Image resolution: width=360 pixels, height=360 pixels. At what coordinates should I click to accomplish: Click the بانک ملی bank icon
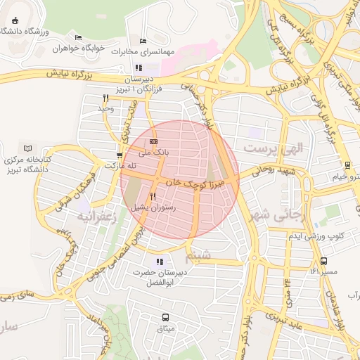click(154, 141)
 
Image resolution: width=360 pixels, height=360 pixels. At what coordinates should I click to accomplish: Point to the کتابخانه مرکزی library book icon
click(28, 148)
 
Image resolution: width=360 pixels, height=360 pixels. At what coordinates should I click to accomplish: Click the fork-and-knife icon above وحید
click(105, 98)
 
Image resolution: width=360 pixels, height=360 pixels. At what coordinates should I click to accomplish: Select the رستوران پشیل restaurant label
click(153, 207)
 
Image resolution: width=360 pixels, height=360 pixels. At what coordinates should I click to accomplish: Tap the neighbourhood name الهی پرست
click(266, 149)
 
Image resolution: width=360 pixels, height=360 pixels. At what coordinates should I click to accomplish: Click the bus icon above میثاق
click(166, 317)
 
